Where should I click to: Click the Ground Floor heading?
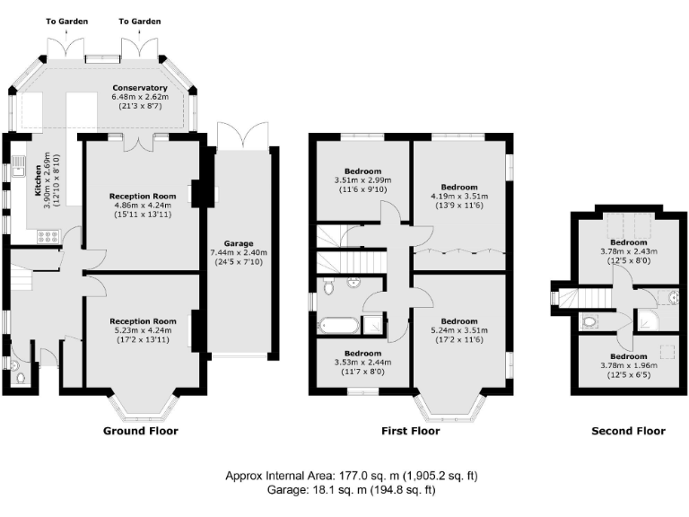142,431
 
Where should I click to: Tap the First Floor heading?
411,431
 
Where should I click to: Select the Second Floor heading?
628,431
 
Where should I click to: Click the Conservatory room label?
139,88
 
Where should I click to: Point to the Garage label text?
239,243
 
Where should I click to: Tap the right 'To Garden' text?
141,21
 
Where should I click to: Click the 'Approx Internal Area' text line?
344,475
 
